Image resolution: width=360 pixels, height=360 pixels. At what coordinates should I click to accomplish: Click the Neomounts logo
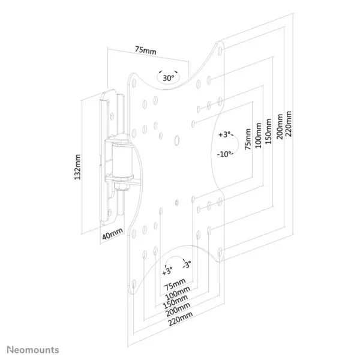33,350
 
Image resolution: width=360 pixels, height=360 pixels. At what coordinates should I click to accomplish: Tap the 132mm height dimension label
77,167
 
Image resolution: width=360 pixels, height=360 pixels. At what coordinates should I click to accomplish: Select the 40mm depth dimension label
112,233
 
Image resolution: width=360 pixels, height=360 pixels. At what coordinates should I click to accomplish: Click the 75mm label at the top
146,50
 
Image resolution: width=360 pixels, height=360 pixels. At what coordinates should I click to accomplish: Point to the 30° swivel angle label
168,78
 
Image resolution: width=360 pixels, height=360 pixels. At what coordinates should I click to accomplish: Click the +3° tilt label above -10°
224,134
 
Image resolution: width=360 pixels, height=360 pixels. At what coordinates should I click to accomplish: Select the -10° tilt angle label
224,154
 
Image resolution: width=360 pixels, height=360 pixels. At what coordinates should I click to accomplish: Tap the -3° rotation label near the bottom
187,265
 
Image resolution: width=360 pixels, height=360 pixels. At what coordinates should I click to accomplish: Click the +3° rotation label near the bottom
167,271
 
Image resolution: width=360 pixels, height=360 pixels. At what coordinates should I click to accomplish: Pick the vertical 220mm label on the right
289,124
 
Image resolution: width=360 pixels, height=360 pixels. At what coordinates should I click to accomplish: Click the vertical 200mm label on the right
280,127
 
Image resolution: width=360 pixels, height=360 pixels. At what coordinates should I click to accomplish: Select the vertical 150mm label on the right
268,131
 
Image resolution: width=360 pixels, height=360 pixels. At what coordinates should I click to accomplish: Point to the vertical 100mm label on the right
258,136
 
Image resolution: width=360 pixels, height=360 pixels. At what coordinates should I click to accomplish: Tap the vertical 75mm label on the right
248,139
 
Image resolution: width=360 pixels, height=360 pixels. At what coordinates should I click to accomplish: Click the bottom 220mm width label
181,319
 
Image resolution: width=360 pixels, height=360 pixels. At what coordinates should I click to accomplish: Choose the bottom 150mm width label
175,302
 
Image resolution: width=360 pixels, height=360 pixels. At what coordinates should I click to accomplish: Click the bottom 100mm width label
178,293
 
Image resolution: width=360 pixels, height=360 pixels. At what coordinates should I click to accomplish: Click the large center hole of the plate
177,140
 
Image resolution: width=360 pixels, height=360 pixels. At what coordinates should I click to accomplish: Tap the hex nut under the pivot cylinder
122,185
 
